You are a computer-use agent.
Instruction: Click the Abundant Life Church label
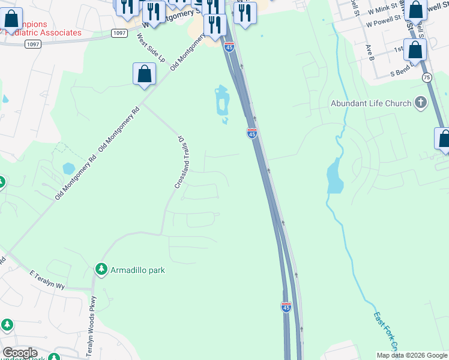point(371,103)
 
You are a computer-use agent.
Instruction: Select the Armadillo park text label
point(137,270)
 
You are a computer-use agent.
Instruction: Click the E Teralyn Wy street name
point(47,280)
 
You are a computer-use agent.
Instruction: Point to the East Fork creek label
point(385,331)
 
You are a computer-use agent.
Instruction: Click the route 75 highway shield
point(427,77)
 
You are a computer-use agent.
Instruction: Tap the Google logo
point(20,353)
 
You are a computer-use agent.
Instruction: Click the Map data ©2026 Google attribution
point(411,355)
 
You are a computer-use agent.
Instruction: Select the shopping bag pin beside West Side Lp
point(144,74)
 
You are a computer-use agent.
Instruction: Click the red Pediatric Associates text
point(43,32)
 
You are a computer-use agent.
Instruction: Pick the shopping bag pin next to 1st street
point(415,50)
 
